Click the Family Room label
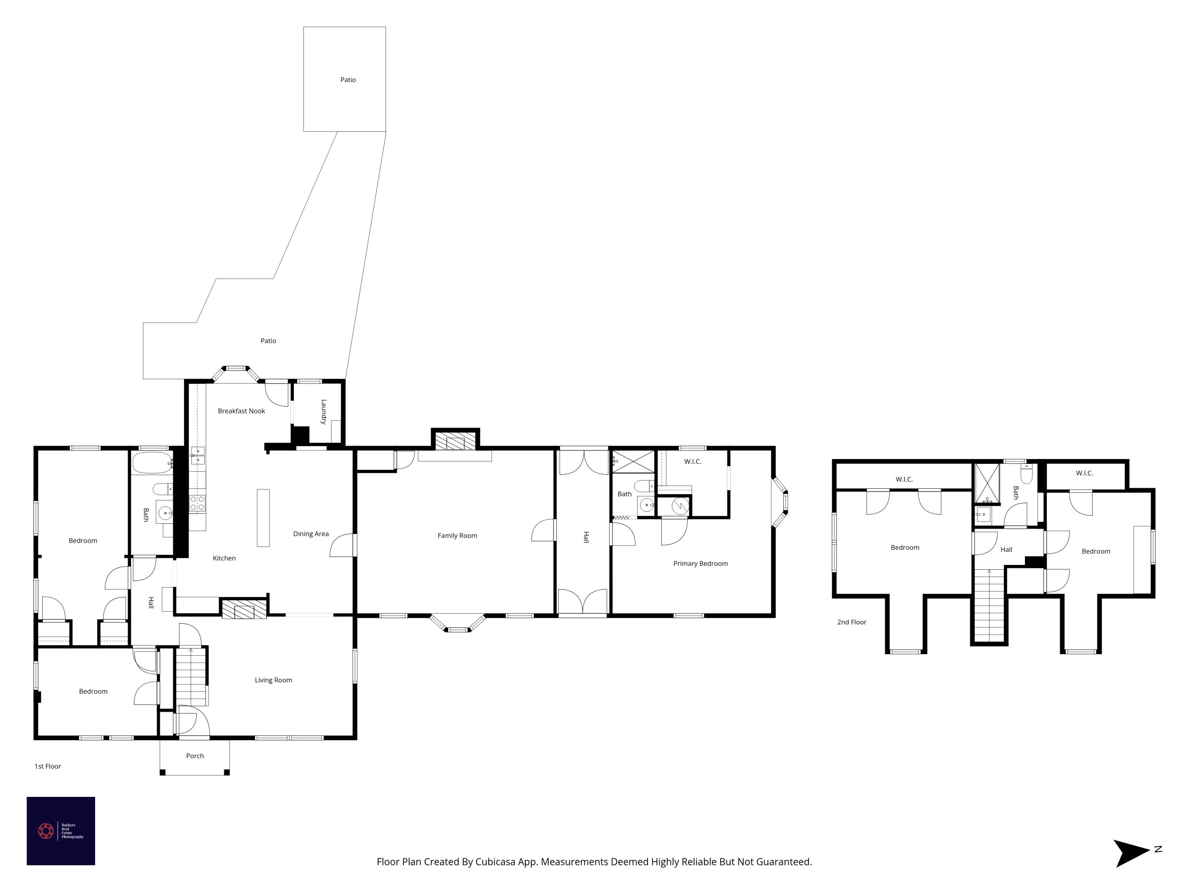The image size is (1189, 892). click(457, 536)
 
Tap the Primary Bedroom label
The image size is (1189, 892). click(700, 563)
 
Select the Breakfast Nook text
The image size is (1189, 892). click(241, 411)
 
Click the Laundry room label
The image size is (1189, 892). click(323, 412)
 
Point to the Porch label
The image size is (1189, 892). click(195, 756)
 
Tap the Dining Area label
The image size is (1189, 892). click(311, 533)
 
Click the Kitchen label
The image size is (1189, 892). click(224, 558)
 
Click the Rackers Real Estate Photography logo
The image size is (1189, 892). click(61, 831)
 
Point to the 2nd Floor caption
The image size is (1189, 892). click(851, 622)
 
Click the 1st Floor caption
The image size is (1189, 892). click(48, 766)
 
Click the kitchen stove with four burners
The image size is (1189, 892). click(197, 503)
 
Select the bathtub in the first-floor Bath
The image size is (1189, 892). click(152, 463)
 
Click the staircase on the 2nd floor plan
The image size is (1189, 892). click(989, 605)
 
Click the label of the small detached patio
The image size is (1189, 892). click(348, 80)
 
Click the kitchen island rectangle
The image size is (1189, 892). click(263, 518)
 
